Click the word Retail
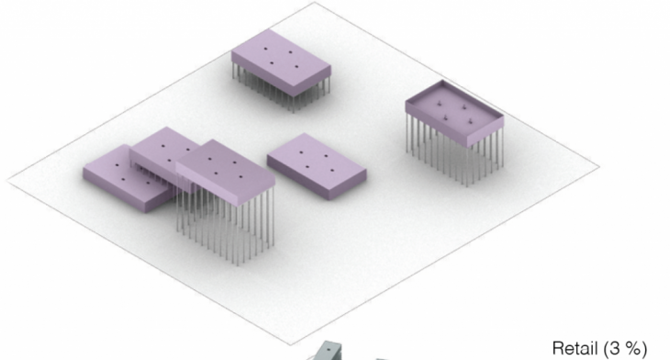tap(575, 348)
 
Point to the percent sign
tap(631, 348)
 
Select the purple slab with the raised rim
tap(454, 113)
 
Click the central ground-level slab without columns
tap(317, 166)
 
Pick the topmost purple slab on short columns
tap(281, 62)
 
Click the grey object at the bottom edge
tap(329, 352)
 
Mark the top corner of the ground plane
tap(315, 3)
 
